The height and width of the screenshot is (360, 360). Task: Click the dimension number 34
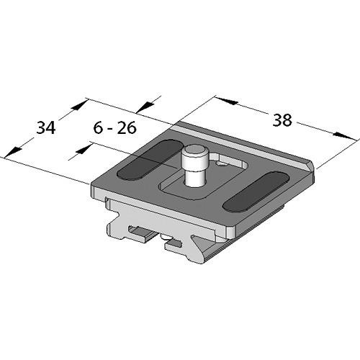pos(46,129)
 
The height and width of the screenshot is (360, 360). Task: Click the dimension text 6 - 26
pos(116,130)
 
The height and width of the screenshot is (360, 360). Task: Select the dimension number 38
pos(282,120)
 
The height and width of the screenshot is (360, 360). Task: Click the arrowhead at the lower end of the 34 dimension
pos(12,152)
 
